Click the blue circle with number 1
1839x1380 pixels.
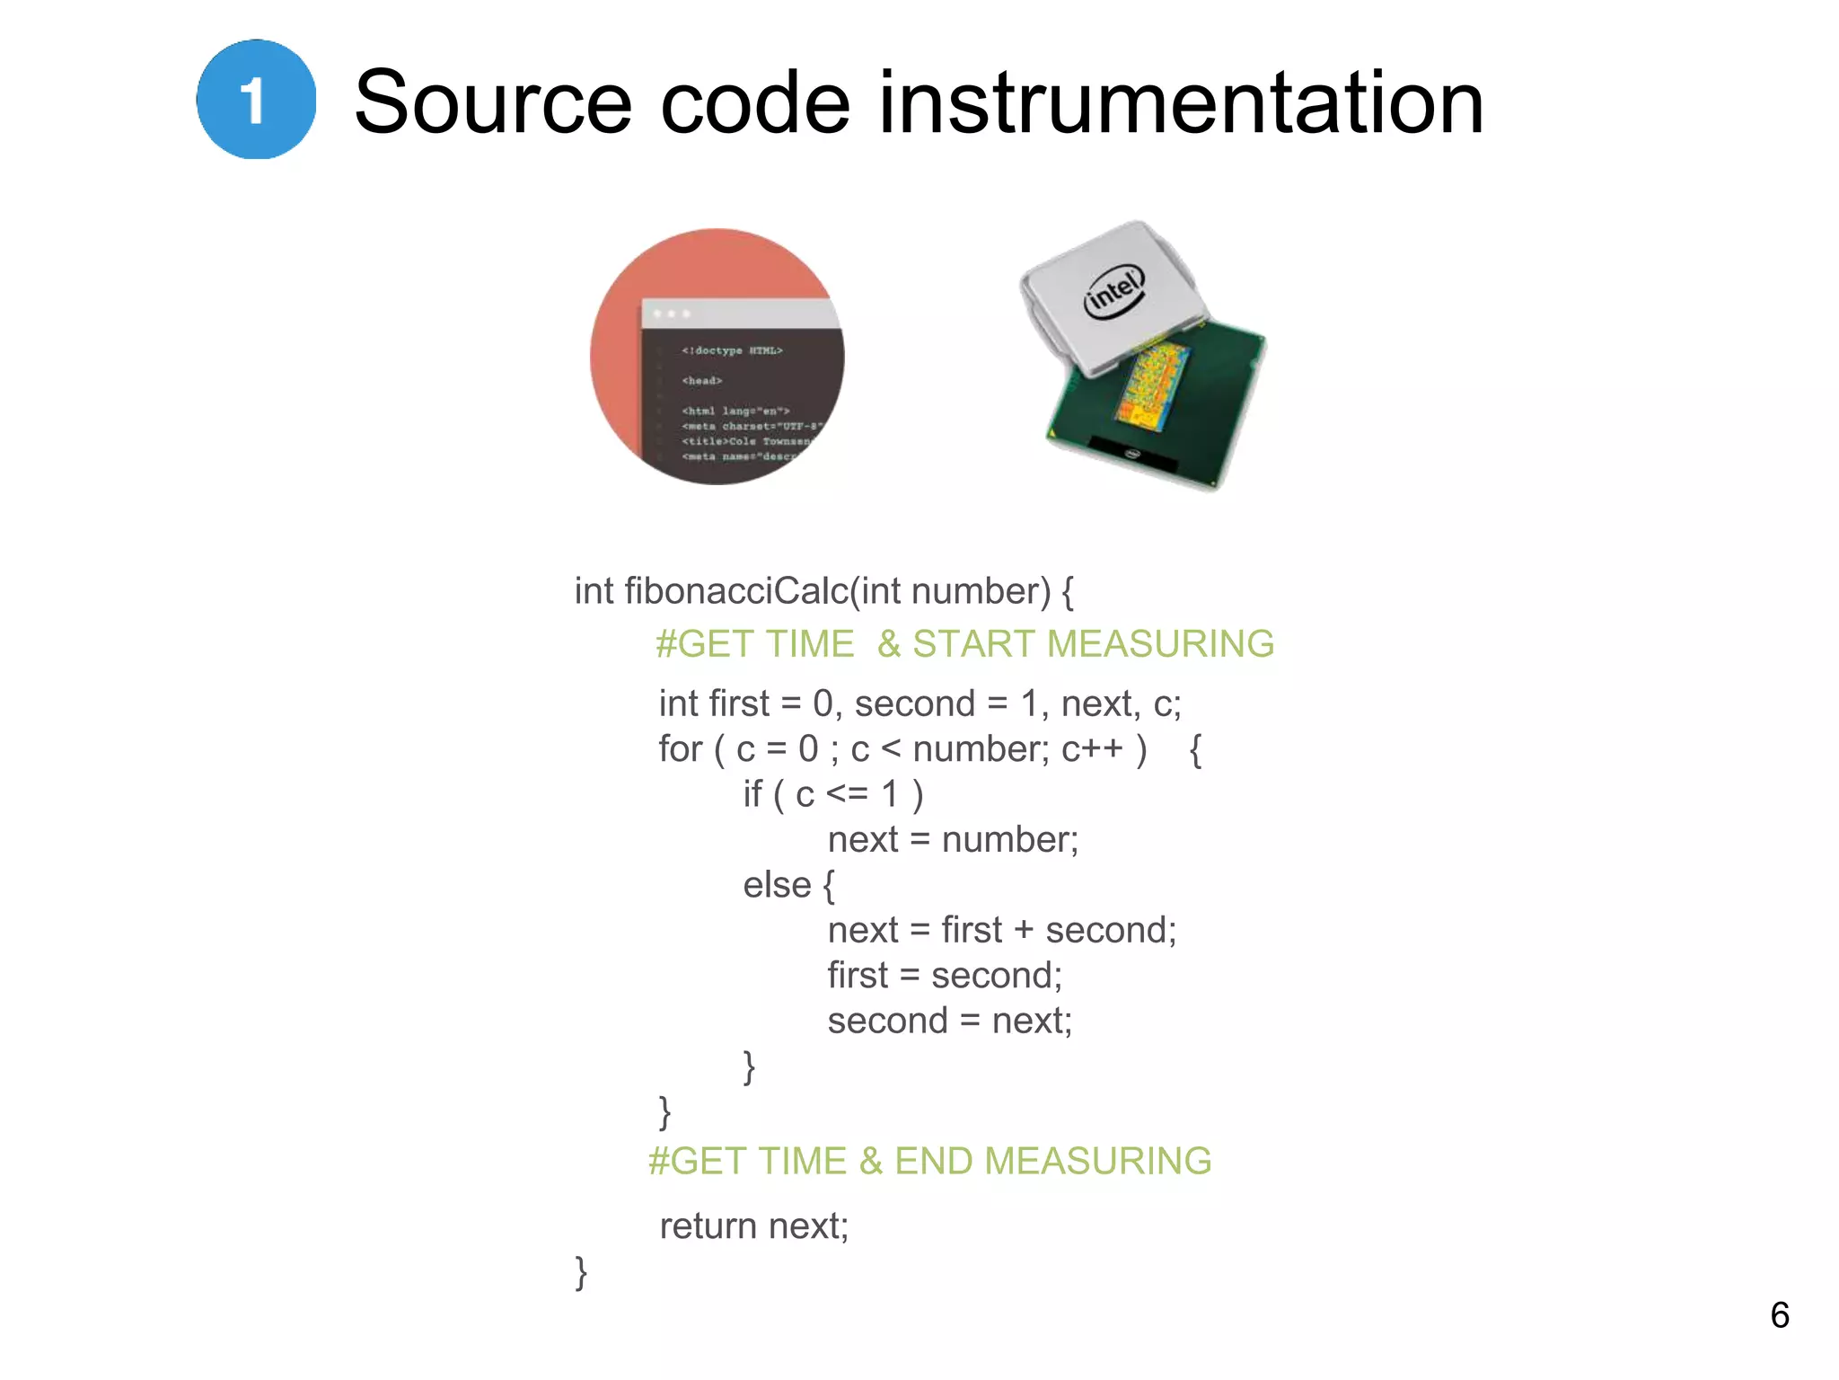(256, 100)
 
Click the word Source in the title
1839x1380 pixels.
(493, 103)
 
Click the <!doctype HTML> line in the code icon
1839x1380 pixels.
(732, 350)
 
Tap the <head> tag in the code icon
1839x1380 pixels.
(701, 381)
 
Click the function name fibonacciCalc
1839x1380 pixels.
(736, 591)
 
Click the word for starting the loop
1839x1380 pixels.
(680, 749)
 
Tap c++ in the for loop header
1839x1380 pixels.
(1092, 749)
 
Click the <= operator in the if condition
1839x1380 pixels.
(847, 794)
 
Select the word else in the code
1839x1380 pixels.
(777, 885)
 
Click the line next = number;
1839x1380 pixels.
(952, 840)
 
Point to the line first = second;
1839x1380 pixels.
(945, 976)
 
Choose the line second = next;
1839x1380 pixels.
(949, 1022)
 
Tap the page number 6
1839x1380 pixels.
(1779, 1315)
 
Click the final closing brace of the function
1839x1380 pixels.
(581, 1273)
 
